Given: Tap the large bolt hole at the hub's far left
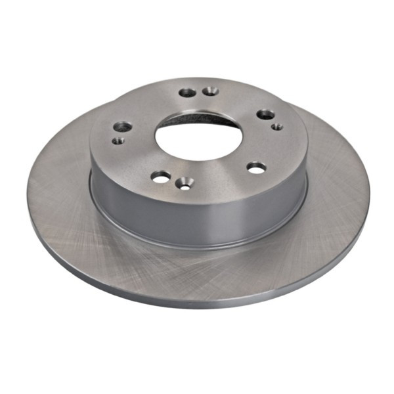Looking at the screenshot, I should pos(123,126).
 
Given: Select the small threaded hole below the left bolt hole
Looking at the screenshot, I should pos(119,140).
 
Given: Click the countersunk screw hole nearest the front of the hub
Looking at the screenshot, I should pos(185,184).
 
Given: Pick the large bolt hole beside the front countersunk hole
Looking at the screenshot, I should pos(161,176).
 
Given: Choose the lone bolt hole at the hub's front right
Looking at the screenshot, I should pos(256,168).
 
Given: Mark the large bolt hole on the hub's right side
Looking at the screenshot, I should pos(265,114).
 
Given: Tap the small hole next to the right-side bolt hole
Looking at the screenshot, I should pos(278,125).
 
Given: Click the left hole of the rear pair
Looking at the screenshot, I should pos(187,93).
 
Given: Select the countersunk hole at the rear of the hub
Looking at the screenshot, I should pos(210,91).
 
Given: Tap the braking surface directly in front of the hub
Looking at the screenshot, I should pos(197,269).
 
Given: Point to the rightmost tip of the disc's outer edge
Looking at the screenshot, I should pos(368,190).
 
